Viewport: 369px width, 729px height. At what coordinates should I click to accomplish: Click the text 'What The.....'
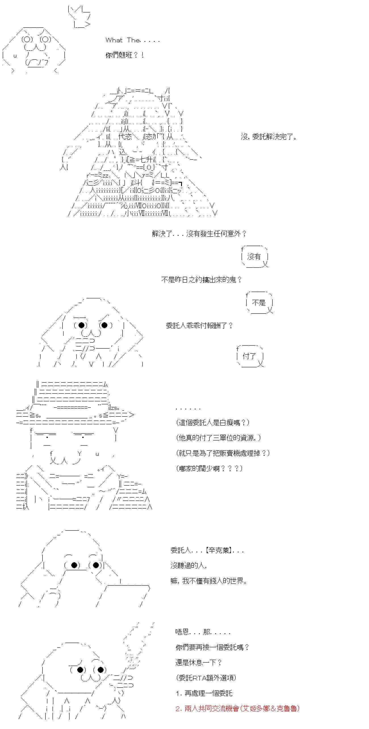point(133,40)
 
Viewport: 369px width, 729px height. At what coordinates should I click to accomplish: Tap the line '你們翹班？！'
point(125,55)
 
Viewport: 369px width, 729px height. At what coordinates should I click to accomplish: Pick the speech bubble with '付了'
point(250,356)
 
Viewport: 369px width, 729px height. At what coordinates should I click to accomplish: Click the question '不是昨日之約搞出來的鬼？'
point(202,280)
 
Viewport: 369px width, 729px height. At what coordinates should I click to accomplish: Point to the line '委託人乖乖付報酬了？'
point(200,325)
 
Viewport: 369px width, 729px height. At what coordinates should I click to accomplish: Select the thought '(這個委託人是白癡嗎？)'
point(213,423)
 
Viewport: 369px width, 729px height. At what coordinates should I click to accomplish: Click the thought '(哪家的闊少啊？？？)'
point(209,468)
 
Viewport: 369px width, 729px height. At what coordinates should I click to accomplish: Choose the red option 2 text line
point(238,708)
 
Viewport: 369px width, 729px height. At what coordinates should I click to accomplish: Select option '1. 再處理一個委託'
point(204,693)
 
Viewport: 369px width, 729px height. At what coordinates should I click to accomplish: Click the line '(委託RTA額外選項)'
point(206,678)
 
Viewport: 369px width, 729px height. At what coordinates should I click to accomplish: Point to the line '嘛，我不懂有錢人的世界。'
point(209,581)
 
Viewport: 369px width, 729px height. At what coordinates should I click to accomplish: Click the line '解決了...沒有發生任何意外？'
point(199,234)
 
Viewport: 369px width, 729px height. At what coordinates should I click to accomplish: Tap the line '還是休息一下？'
point(199,663)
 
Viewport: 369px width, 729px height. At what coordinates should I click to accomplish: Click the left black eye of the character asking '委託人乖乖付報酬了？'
point(81,325)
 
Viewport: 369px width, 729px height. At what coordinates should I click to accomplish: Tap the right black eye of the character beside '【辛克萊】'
point(96,565)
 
